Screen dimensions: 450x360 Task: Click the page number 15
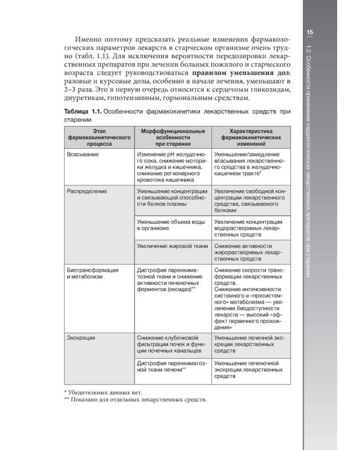pyautogui.click(x=310, y=32)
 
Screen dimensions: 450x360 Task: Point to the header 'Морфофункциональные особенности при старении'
pyautogui.click(x=172, y=137)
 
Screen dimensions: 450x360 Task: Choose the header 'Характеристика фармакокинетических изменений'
pyautogui.click(x=248, y=137)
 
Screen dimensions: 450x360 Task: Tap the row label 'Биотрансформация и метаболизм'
pyautogui.click(x=93, y=274)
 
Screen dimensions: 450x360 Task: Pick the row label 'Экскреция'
pyautogui.click(x=82, y=338)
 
